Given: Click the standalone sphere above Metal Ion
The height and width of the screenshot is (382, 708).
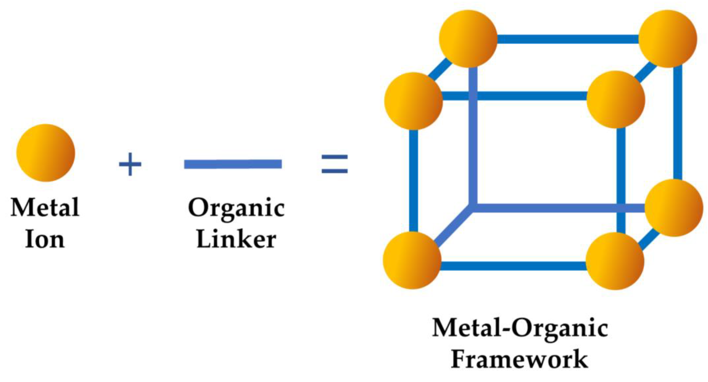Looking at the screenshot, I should tap(46, 153).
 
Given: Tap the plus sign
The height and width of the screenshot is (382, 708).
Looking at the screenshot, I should tap(130, 164).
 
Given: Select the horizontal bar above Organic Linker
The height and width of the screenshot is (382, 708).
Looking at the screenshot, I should tap(233, 164).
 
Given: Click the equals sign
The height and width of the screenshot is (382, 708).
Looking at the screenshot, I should tap(335, 164).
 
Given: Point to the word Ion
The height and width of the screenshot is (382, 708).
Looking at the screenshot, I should tap(45, 240).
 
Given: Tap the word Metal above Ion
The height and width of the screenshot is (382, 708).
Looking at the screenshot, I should tap(45, 208).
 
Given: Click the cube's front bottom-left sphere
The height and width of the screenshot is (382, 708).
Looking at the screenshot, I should tap(412, 260).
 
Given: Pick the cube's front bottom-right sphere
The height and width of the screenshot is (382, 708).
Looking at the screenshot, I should tap(615, 261).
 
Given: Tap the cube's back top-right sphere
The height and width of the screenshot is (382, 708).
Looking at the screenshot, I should tap(667, 39).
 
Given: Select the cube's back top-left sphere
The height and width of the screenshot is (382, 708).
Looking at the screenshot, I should tap(468, 39).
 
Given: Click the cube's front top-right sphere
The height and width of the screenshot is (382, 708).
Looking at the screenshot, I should tap(616, 100).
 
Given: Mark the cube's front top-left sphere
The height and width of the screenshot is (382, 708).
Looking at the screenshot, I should tap(413, 101).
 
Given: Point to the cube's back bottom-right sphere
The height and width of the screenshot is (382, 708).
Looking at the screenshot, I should tap(674, 208).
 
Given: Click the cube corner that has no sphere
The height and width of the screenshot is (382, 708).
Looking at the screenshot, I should tap(473, 208).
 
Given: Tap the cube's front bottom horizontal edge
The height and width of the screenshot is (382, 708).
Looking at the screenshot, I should tap(513, 266).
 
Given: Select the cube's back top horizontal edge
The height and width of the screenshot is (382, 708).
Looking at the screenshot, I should tap(568, 39).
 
